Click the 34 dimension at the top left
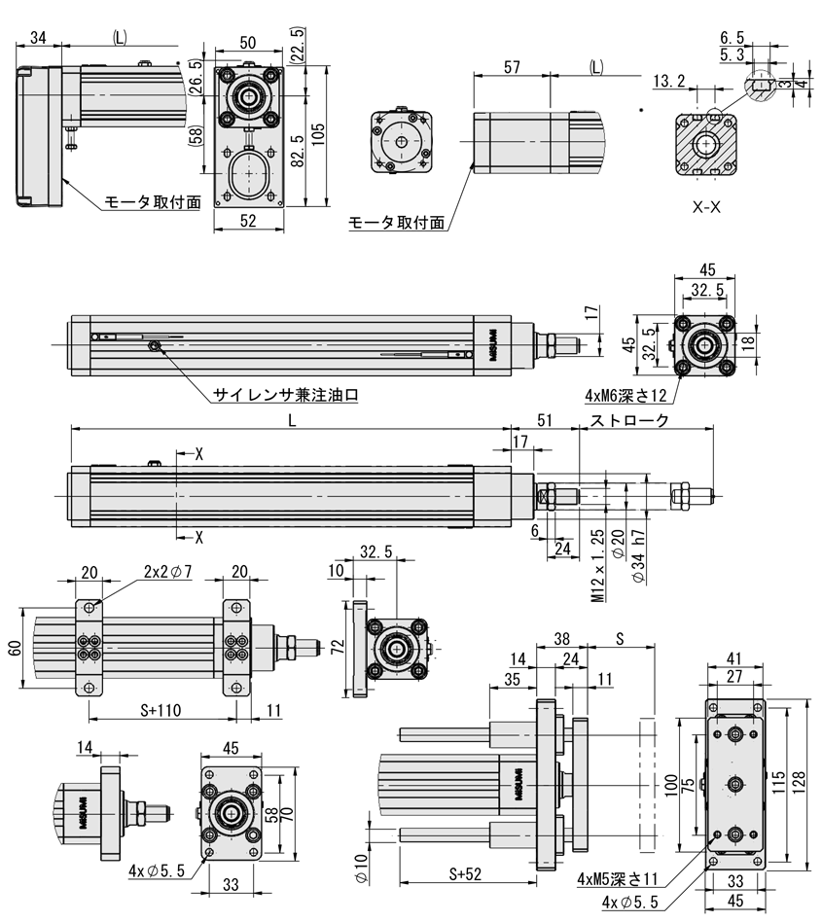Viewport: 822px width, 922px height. (x=39, y=38)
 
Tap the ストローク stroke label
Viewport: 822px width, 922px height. (x=629, y=421)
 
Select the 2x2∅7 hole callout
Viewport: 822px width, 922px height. (x=167, y=572)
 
